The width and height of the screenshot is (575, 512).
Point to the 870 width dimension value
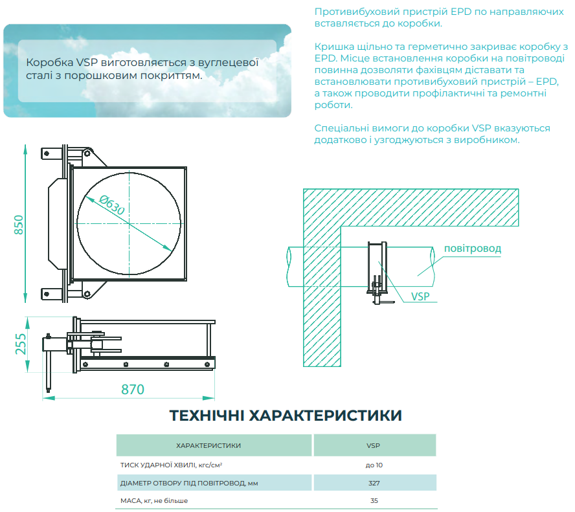coord(133,390)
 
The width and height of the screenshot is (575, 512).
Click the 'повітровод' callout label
coord(473,249)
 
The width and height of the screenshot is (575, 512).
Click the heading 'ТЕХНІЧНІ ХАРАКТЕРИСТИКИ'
coord(286,416)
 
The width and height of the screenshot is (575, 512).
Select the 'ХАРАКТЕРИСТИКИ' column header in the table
coord(209,445)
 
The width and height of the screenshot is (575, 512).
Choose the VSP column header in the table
coord(373,445)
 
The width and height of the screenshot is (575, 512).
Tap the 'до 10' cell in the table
coord(374,465)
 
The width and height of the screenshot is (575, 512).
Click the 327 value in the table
coord(374,483)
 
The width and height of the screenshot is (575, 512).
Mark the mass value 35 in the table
coord(374,500)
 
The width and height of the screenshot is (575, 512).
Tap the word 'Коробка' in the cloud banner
coord(49,63)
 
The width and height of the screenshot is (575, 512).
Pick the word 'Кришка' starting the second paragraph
coord(331,47)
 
